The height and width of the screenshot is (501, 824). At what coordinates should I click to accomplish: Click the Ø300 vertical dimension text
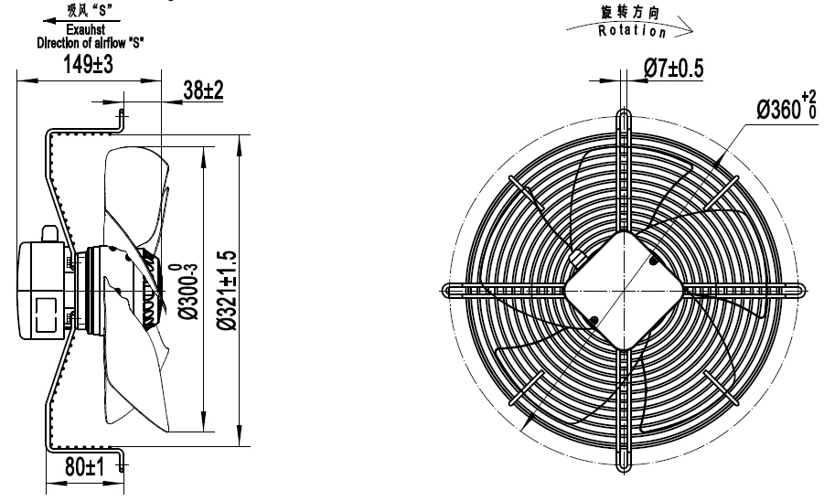click(183, 290)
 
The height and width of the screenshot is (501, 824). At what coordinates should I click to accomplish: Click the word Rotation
click(630, 31)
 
